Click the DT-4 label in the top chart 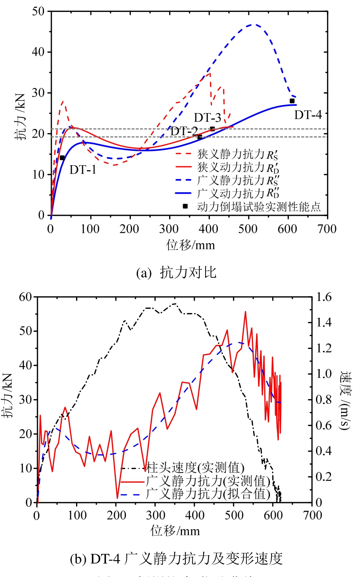point(308,115)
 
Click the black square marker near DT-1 point(62,158)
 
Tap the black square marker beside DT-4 point(292,101)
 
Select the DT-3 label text point(207,118)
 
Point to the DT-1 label point(83,169)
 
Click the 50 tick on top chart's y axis point(38,11)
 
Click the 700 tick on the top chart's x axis point(327,229)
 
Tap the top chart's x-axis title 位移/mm point(190,245)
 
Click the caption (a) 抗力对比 point(176,272)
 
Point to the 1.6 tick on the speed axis point(324,297)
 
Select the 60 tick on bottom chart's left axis point(25,297)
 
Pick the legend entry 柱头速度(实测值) point(195,468)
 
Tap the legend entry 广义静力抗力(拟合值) point(208,494)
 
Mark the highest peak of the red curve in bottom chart point(245,312)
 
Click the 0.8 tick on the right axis point(324,399)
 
